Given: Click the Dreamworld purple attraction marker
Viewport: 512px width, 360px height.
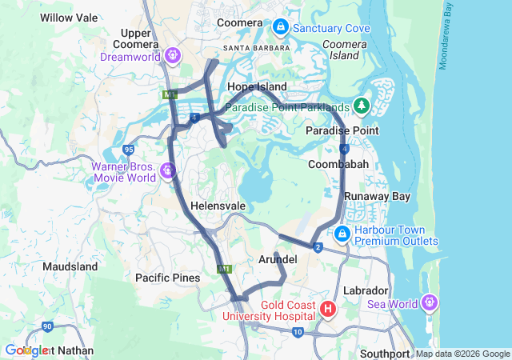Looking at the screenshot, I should [x=173, y=55].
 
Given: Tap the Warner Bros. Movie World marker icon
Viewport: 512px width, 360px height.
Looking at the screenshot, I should [x=167, y=170].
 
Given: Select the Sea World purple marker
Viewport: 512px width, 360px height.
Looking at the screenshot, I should [x=430, y=302].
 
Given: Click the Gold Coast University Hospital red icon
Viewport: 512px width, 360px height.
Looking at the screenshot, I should [x=327, y=308].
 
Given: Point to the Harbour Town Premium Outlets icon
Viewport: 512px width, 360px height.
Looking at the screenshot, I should [x=342, y=233].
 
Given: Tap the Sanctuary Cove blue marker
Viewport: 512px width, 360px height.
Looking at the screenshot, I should [x=280, y=28].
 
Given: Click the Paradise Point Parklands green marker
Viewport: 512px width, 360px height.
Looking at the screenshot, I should [x=361, y=105].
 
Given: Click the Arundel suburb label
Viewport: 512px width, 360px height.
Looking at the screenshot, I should [x=278, y=260].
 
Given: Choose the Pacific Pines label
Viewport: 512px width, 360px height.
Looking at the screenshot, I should [x=167, y=278].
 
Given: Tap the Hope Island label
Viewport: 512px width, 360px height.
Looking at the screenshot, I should [x=257, y=86].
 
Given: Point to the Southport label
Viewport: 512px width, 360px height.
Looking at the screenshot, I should [x=385, y=353].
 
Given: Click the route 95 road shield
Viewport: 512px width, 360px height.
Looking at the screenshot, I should [x=129, y=150].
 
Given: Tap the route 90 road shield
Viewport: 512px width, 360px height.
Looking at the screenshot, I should [x=48, y=326].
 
